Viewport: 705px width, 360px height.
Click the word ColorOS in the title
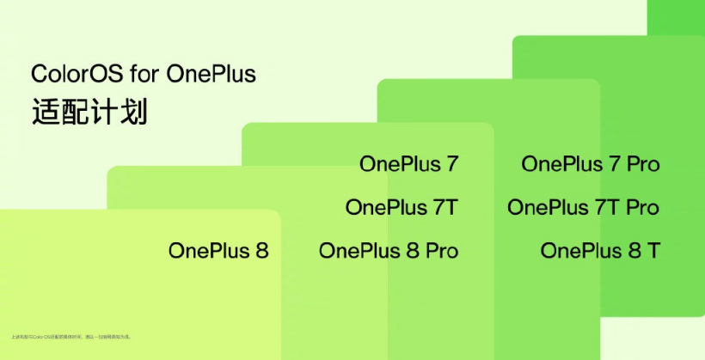coord(72,74)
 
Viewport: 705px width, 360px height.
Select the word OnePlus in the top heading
coord(211,74)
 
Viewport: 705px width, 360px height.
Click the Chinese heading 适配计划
coord(89,113)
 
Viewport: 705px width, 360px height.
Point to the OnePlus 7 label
coord(408,163)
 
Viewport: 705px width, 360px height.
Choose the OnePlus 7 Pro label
coord(590,163)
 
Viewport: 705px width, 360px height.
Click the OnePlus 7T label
coord(402,207)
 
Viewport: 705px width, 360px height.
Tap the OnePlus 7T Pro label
coord(583,207)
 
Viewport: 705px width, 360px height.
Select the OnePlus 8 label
coord(218,251)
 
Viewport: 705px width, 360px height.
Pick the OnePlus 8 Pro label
coord(388,251)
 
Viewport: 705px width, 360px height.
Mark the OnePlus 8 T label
coord(600,251)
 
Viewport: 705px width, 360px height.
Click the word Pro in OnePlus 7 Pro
coord(642,163)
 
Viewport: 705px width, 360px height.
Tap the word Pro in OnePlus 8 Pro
coord(440,251)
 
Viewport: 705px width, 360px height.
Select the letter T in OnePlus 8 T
coord(653,251)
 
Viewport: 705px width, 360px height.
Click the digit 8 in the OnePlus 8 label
coord(261,251)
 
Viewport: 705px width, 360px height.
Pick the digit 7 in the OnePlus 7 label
coord(451,163)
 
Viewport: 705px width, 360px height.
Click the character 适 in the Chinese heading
coord(45,113)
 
